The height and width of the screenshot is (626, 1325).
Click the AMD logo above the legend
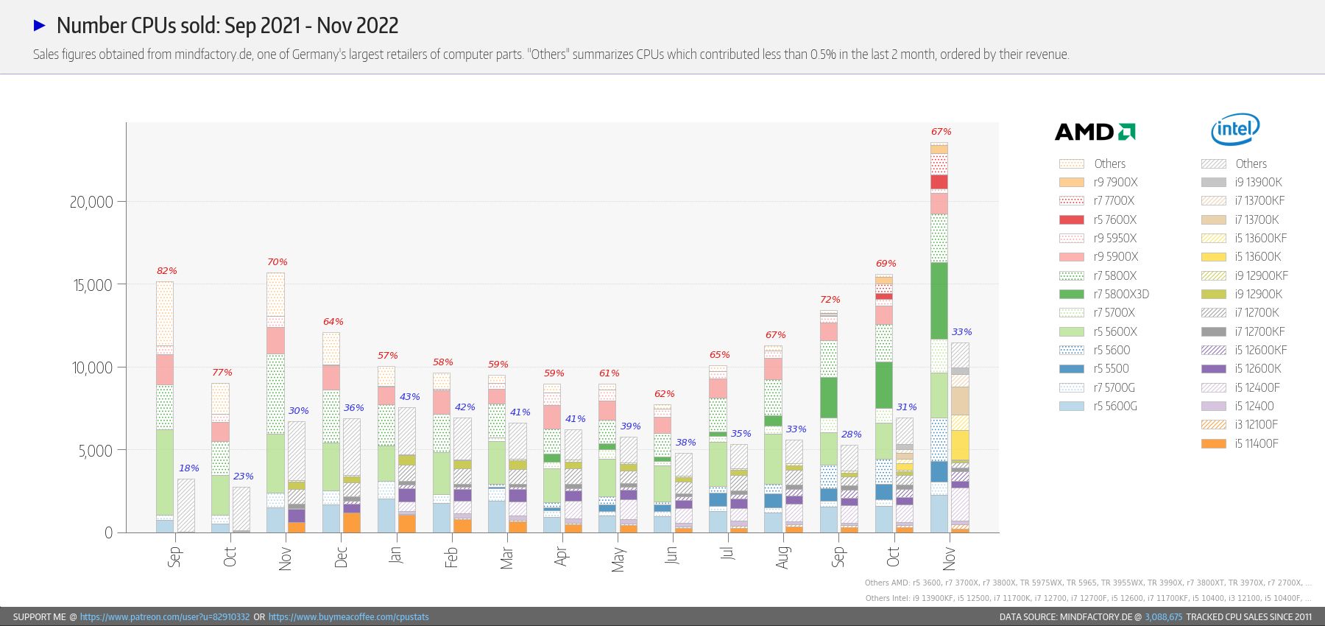(1095, 132)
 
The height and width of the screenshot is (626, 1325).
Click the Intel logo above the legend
(1235, 130)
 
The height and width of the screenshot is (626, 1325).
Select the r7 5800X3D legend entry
(1104, 294)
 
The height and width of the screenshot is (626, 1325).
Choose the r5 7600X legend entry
(1098, 219)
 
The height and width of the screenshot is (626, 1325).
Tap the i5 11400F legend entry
(1240, 443)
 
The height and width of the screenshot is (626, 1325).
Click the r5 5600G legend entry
(1098, 406)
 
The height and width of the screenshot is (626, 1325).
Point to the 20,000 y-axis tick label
(91, 202)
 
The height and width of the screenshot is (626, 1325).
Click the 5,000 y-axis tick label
(96, 451)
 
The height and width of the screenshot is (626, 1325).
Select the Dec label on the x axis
(341, 557)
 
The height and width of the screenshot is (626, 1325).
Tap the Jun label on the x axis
(671, 555)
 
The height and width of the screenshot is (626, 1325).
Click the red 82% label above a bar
(167, 271)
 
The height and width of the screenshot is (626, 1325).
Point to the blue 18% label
(189, 468)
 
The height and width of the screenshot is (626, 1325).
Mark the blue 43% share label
(410, 397)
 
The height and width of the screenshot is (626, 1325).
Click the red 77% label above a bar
(222, 373)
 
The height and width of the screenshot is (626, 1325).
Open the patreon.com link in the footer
(165, 617)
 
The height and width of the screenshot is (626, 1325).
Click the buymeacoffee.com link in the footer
(348, 617)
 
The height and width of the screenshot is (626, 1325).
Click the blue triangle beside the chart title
(40, 26)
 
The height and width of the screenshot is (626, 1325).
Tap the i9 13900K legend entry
(1242, 182)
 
